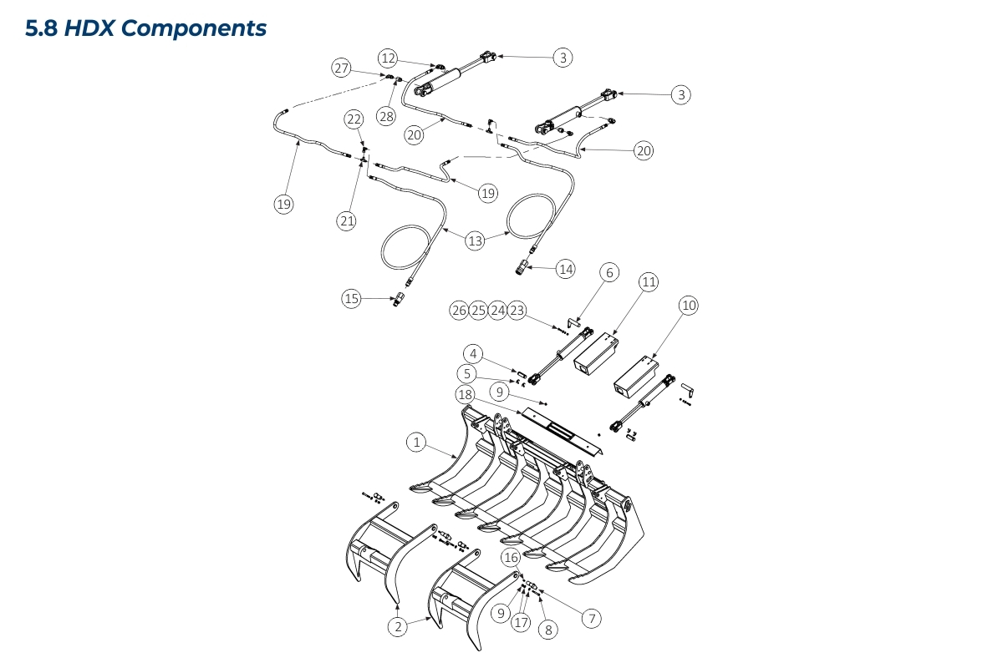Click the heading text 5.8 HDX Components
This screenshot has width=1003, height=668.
[x=146, y=28]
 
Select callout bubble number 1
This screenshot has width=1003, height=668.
[x=416, y=443]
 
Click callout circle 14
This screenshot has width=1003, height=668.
[x=567, y=269]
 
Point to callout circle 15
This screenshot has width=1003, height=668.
[x=352, y=298]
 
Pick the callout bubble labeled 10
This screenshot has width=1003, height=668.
[x=688, y=306]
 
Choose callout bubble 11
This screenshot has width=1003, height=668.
[x=649, y=282]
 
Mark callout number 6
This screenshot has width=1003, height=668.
[x=609, y=273]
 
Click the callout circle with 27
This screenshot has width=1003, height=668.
[x=341, y=68]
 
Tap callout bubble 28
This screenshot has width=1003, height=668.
[x=385, y=116]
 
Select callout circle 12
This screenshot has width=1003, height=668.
[x=388, y=58]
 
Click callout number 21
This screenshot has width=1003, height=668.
[x=347, y=220]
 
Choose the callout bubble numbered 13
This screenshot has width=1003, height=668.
[x=475, y=241]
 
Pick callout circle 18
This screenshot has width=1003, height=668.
[x=466, y=393]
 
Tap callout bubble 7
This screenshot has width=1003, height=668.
[x=591, y=619]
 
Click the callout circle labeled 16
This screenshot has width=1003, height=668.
[x=511, y=557]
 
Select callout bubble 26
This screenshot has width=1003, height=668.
[x=458, y=311]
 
